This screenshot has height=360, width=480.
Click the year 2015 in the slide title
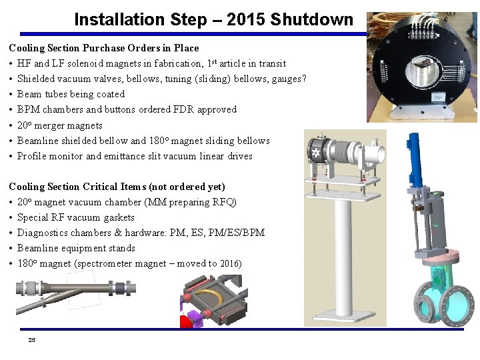245,19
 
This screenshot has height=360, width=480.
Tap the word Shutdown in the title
311,19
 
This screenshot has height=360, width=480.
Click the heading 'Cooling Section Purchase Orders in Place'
104,48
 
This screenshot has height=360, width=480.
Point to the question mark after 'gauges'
304,79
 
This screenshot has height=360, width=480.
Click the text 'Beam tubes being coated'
71,94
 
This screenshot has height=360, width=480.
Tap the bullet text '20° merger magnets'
60,125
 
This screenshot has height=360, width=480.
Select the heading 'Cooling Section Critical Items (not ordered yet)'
117,187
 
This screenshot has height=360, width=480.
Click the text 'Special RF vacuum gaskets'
76,217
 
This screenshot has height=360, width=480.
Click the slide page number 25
32,340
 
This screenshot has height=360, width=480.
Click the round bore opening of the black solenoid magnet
421,72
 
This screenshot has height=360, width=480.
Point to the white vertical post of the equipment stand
343,257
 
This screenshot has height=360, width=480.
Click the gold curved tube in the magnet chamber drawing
211,296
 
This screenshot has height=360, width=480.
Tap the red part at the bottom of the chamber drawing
187,321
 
